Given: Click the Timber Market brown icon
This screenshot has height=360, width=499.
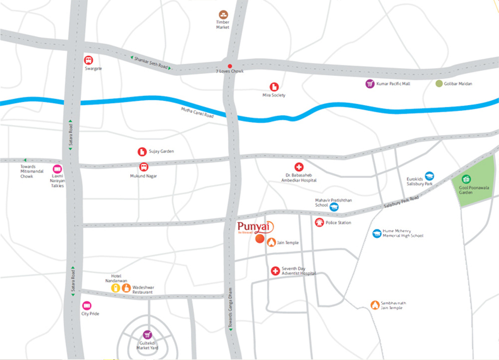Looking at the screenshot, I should pyautogui.click(x=223, y=15).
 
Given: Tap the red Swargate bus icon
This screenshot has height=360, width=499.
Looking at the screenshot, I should pyautogui.click(x=88, y=60).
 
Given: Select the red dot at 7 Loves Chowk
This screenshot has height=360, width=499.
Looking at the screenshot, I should pyautogui.click(x=230, y=66).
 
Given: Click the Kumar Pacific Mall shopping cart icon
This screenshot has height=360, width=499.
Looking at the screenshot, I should pyautogui.click(x=370, y=83).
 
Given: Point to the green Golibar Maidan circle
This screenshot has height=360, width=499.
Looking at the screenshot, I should pyautogui.click(x=439, y=83).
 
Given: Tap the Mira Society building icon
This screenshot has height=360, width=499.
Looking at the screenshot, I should pyautogui.click(x=274, y=87).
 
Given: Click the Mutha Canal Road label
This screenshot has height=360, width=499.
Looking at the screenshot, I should pyautogui.click(x=197, y=113).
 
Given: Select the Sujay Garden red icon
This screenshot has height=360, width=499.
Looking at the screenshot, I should pyautogui.click(x=142, y=151).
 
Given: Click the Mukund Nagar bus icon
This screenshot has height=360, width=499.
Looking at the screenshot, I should pyautogui.click(x=143, y=168).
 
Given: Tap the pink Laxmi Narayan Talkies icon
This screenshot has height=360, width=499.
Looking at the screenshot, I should pyautogui.click(x=57, y=169).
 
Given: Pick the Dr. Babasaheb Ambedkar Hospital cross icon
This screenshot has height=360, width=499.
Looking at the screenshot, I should pyautogui.click(x=299, y=167).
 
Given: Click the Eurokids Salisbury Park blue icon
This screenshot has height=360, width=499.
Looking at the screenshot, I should pyautogui.click(x=429, y=176).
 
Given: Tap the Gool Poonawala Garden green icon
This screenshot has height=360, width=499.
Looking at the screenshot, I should pyautogui.click(x=466, y=179).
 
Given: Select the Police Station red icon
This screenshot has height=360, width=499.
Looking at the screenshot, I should pyautogui.click(x=319, y=222).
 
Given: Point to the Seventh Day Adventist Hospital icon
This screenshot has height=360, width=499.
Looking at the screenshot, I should pyautogui.click(x=275, y=271).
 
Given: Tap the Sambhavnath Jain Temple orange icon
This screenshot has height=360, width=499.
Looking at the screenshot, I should pyautogui.click(x=374, y=305).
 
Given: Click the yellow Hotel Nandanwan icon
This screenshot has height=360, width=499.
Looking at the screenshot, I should pyautogui.click(x=116, y=288).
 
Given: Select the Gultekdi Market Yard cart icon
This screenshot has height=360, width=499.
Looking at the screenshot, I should pyautogui.click(x=147, y=335).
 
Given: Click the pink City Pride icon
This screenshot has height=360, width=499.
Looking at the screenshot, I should pyautogui.click(x=87, y=305).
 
